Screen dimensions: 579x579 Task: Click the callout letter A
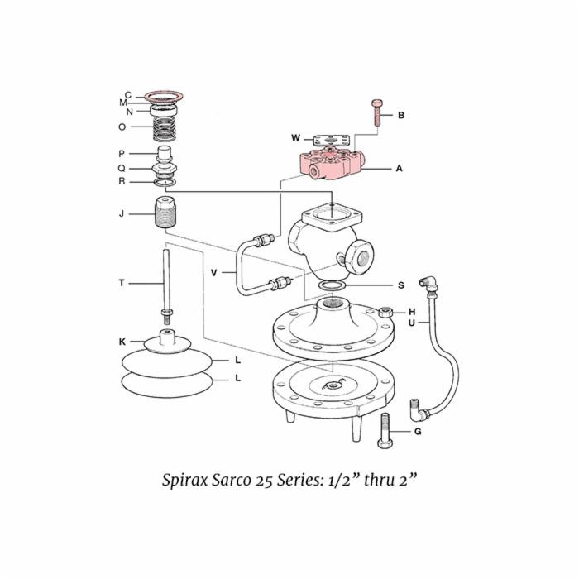pos(399,168)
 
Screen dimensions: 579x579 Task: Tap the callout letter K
pos(122,341)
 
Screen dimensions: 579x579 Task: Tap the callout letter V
pos(213,271)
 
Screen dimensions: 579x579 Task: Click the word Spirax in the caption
pos(186,481)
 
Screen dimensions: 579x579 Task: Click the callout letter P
pos(122,153)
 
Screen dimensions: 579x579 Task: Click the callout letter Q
pos(122,167)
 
